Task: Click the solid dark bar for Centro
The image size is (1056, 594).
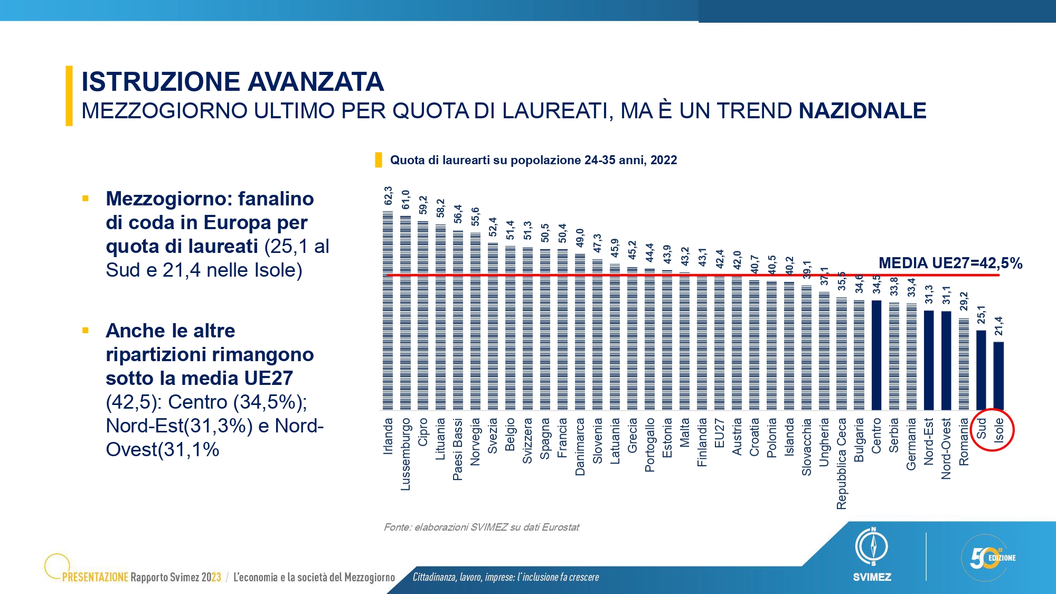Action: coord(876,355)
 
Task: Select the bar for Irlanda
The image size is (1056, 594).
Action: coord(388,310)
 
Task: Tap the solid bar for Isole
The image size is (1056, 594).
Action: coord(998,376)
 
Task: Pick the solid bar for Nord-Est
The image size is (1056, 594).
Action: coord(929,360)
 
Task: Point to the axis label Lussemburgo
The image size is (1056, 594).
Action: coord(406,455)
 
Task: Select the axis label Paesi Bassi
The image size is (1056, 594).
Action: coord(458,449)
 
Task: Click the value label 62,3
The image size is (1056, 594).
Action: coord(388,195)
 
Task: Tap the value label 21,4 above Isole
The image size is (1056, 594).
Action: coord(998,326)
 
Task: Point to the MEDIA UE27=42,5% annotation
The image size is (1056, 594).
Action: coord(950,263)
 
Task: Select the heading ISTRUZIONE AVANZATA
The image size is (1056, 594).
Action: coord(233,81)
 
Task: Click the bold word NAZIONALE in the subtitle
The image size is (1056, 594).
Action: coord(863,111)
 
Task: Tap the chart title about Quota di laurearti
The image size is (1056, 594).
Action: coord(533,160)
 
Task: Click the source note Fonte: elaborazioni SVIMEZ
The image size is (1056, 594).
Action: coord(482,527)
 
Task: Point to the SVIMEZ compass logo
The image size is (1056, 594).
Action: coord(872,546)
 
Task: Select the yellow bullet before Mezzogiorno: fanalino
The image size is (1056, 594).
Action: coord(86,199)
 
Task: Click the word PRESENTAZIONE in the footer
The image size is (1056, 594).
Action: coord(95,577)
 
